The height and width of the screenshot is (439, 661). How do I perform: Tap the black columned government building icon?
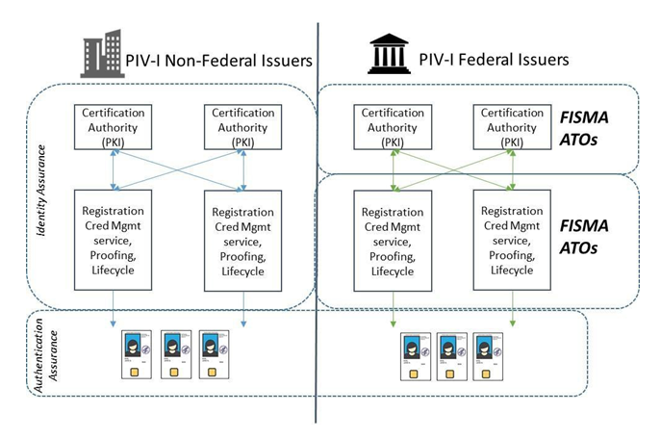click(x=389, y=56)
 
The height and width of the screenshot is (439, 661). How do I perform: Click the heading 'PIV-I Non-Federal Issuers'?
click(x=219, y=60)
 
